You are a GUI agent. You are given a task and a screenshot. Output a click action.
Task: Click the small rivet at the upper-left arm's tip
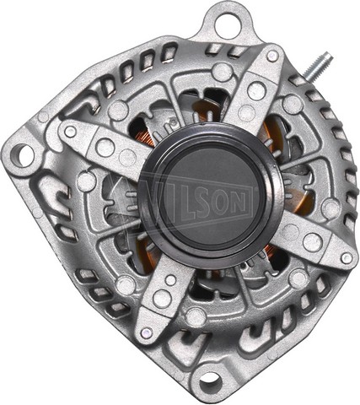tap(70, 132)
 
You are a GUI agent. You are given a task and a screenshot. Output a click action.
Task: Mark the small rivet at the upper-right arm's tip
tap(272, 55)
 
